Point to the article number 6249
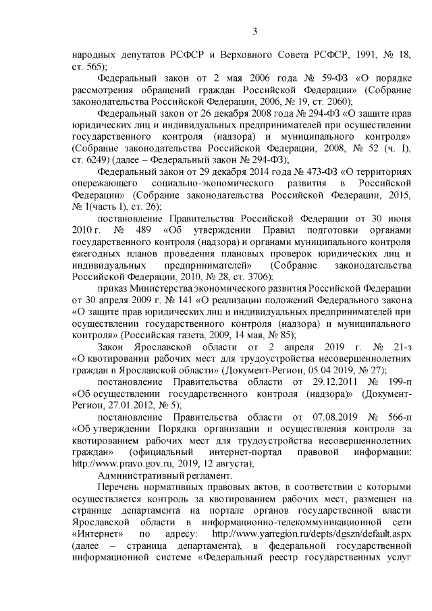88,160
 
